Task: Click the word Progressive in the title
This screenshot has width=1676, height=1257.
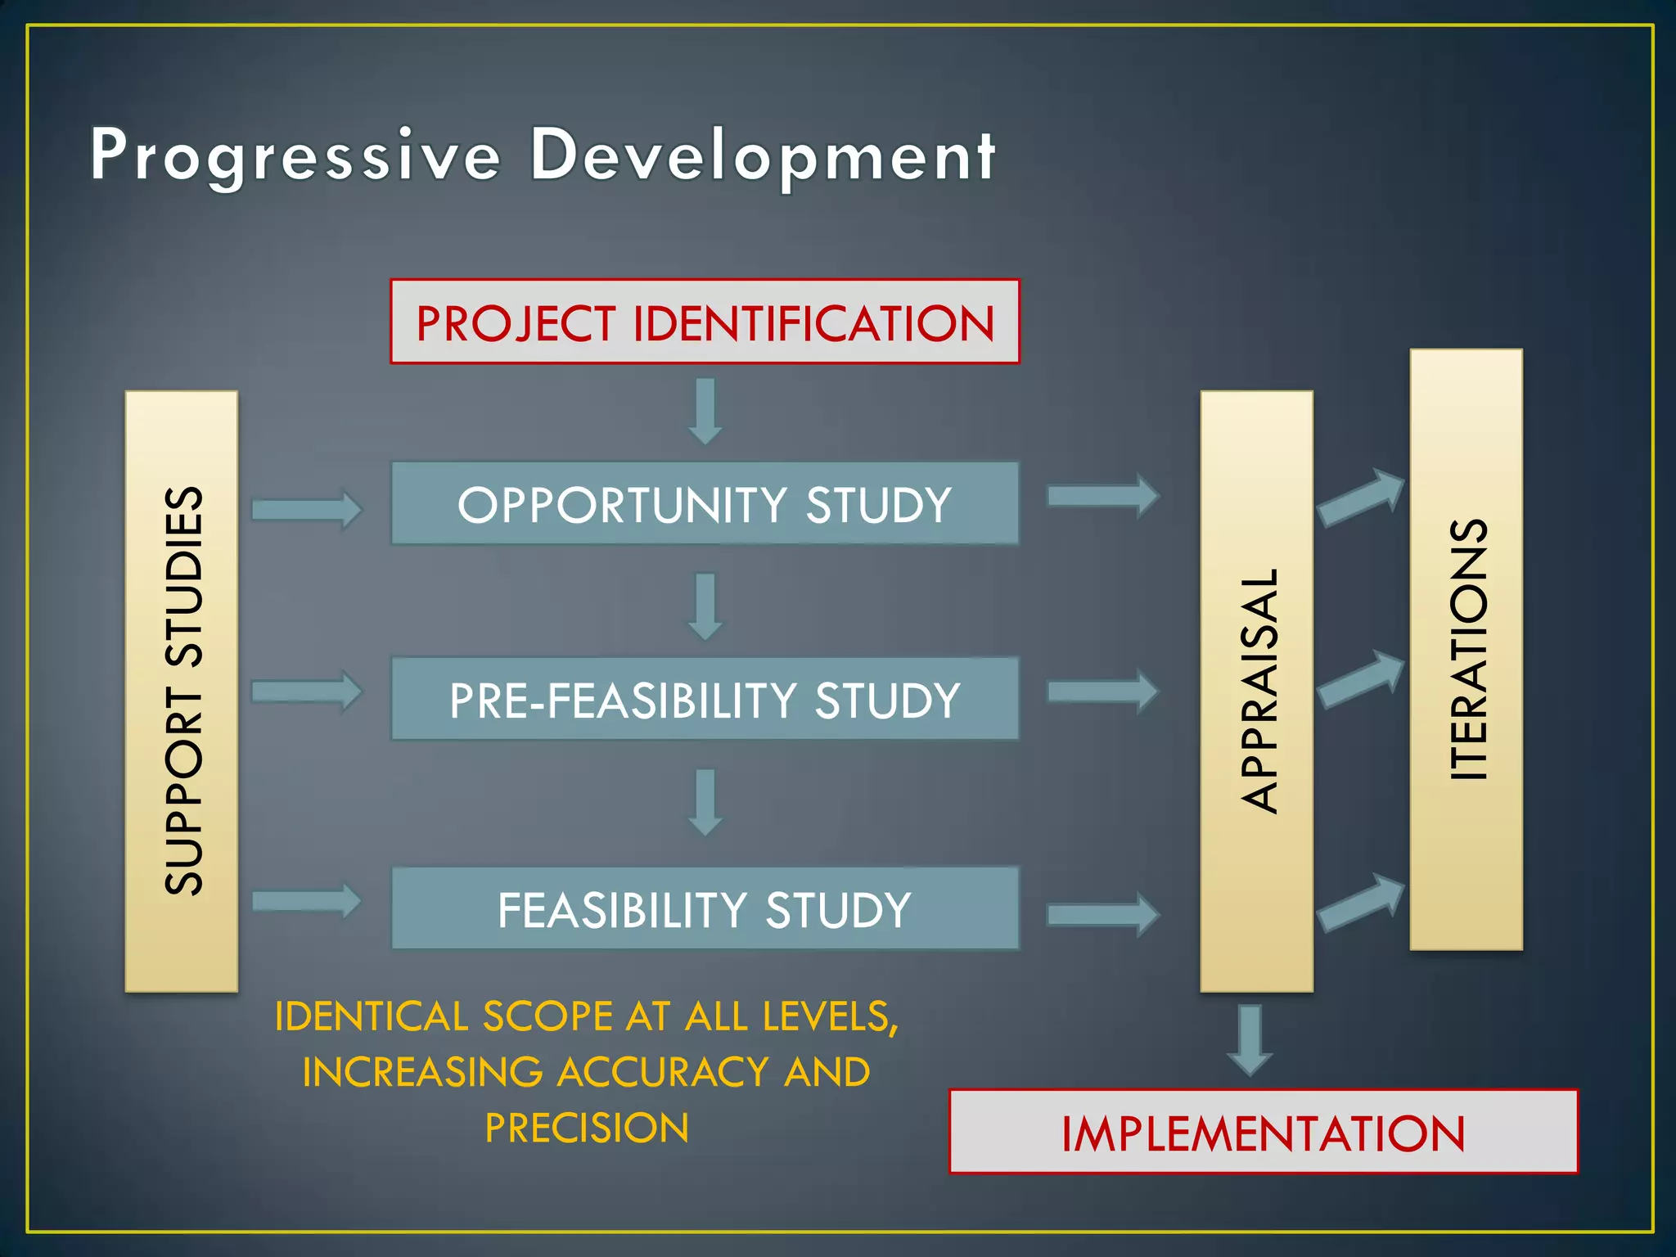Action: pos(295,155)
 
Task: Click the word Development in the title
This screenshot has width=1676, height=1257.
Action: pos(763,155)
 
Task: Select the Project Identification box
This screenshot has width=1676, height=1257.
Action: pos(705,322)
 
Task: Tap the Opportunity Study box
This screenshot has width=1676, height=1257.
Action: pos(705,503)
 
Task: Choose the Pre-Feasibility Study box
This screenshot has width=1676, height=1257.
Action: pos(705,700)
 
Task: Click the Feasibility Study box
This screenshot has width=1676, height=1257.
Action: pos(705,908)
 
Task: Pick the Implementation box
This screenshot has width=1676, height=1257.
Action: pos(1263,1133)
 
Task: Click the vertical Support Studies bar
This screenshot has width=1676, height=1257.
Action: pos(182,692)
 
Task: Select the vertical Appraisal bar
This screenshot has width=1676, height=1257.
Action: pos(1256,692)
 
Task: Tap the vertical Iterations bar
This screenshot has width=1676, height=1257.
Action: pos(1466,649)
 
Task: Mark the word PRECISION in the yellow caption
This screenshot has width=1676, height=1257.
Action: pos(587,1128)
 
